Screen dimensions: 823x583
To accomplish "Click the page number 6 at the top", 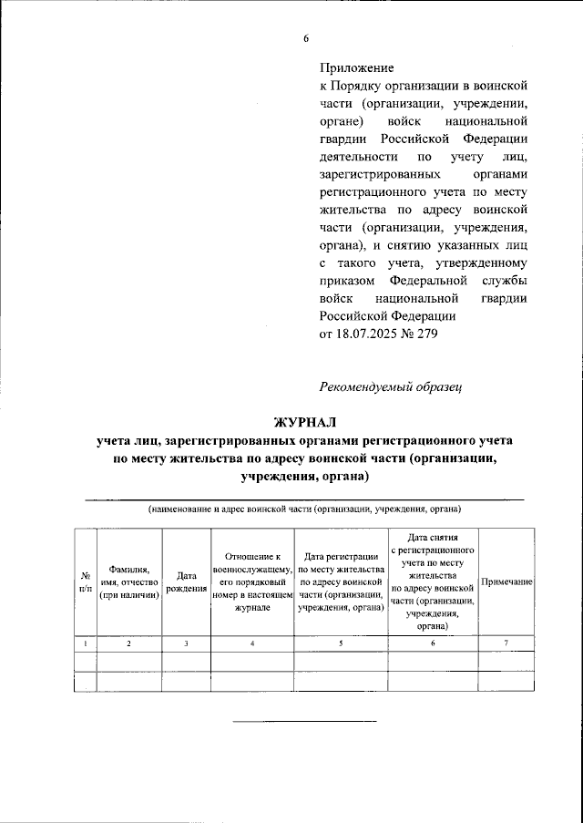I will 306,38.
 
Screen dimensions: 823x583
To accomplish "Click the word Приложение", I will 357,68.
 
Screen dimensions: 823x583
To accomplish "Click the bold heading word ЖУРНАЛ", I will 305,421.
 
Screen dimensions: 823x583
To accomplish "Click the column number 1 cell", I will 84,643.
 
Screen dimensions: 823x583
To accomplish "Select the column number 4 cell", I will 252,643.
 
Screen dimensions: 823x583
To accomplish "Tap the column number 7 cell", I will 506,643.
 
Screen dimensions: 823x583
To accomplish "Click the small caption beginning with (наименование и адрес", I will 305,508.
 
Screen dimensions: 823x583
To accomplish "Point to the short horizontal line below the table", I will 305,720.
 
